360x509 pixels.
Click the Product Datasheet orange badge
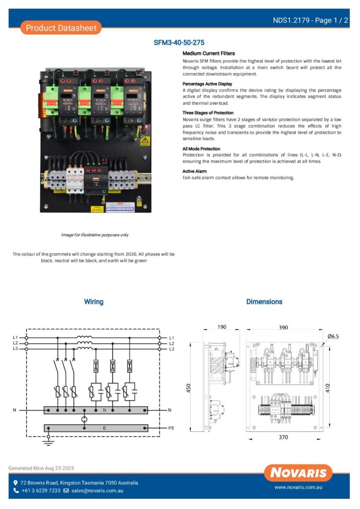coord(61,28)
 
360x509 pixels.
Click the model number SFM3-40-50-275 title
coord(179,43)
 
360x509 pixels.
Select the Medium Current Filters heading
coord(208,53)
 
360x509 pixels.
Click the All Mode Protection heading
coord(201,149)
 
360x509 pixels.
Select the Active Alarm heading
coord(194,171)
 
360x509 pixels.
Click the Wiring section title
coord(93,302)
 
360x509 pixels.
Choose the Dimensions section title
coord(264,302)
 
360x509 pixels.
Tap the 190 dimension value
coord(222,327)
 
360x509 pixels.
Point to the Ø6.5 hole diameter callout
coord(333,337)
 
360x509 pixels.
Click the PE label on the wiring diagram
coord(171,427)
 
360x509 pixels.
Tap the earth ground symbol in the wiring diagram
coord(48,441)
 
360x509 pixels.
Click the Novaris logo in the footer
coord(298,473)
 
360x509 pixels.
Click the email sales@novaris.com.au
coord(96,491)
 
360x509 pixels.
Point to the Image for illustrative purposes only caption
coord(94,235)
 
